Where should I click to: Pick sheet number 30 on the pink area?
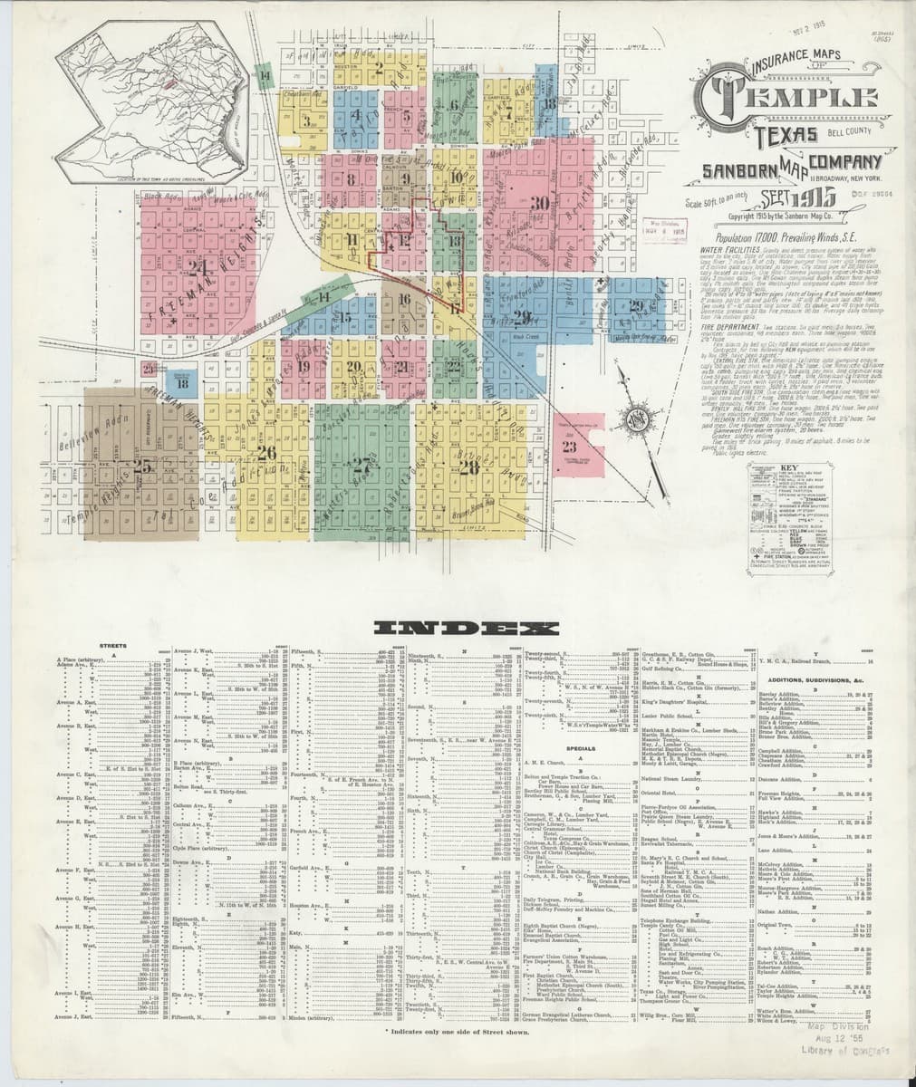541,203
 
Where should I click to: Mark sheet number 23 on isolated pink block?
569,446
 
